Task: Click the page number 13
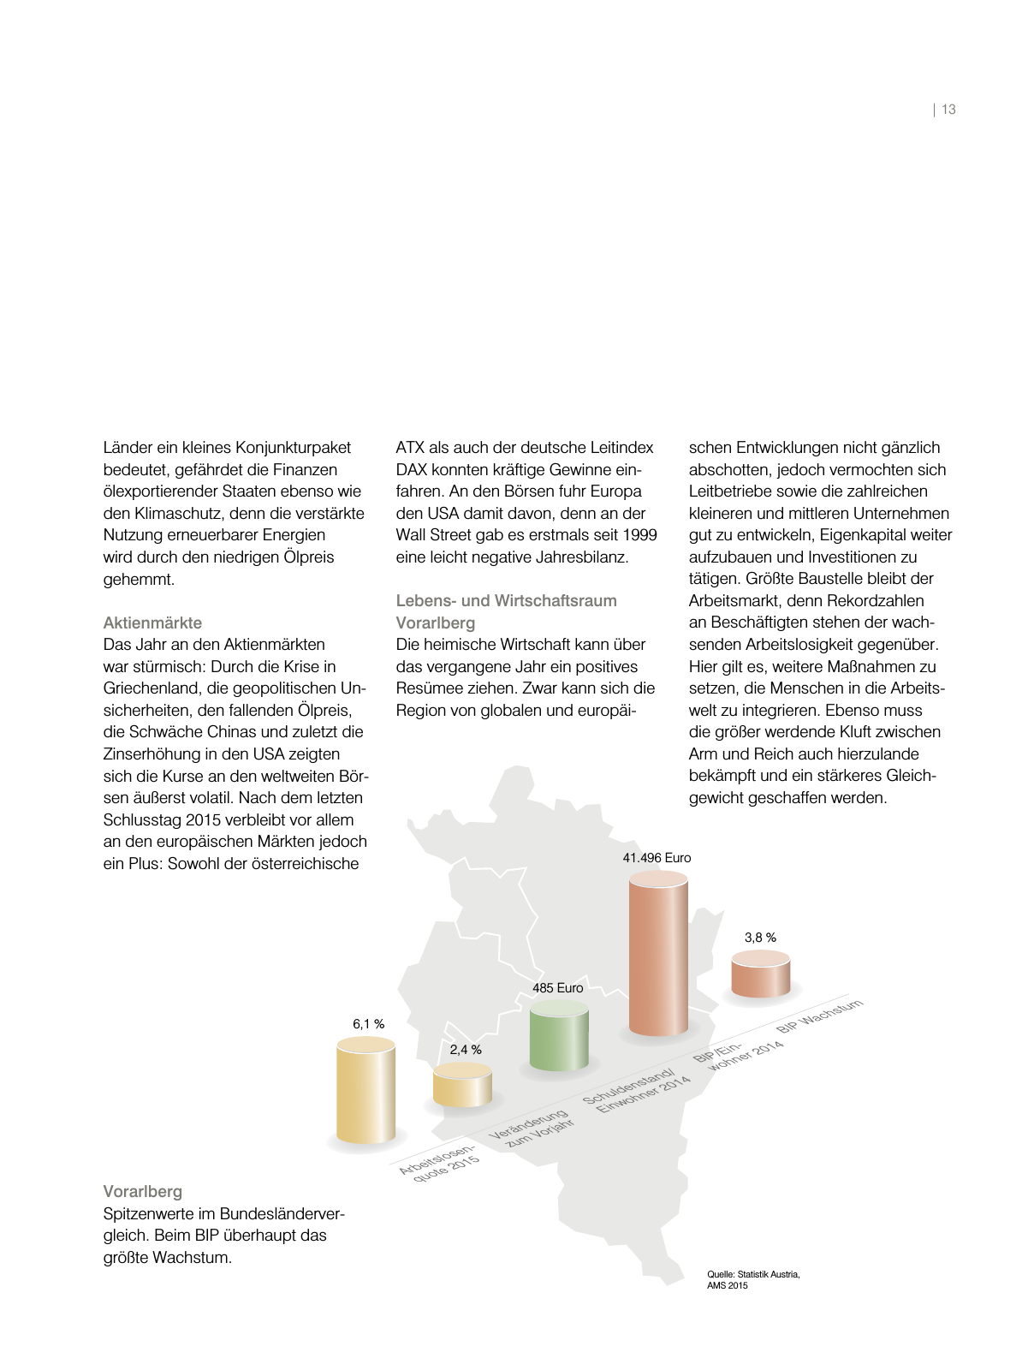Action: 948,110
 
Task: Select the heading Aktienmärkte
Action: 152,622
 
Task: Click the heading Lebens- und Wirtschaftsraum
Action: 506,600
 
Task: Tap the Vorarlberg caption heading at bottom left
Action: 142,1191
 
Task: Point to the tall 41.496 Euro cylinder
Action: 658,955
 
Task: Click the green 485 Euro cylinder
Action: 559,1036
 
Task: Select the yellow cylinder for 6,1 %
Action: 365,1092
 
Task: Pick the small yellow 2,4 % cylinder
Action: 462,1085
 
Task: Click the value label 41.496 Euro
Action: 657,858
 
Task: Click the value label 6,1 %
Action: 368,1024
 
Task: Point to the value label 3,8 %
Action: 760,938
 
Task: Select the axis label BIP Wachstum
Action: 819,1016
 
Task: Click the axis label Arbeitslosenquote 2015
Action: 439,1162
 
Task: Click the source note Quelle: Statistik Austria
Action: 753,1274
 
